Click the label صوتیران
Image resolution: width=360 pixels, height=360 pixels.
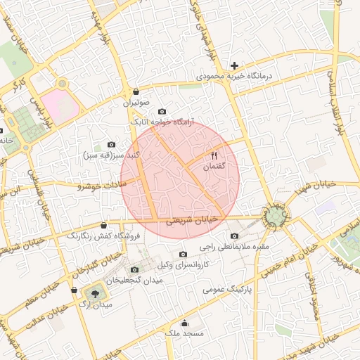pos(137,103)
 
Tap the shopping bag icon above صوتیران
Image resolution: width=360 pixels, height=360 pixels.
pos(136,91)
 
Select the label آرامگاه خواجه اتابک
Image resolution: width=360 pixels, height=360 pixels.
pos(162,122)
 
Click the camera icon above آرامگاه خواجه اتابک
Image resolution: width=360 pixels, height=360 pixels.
pos(162,111)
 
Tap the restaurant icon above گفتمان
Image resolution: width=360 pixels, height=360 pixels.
pos(214,155)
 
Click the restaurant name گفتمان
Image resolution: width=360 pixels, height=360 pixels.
pos(213,167)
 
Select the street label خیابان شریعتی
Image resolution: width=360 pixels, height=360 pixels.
pos(192,220)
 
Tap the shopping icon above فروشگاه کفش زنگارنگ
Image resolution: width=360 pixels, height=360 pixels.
pos(104,225)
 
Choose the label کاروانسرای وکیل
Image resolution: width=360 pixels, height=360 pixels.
pos(184,264)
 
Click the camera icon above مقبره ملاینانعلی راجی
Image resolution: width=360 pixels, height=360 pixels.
pos(234,236)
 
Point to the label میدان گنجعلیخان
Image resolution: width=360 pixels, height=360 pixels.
pos(134,280)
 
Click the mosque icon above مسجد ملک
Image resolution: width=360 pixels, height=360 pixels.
pos(184,323)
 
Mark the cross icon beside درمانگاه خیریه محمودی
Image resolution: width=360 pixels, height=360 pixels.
pos(235,65)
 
